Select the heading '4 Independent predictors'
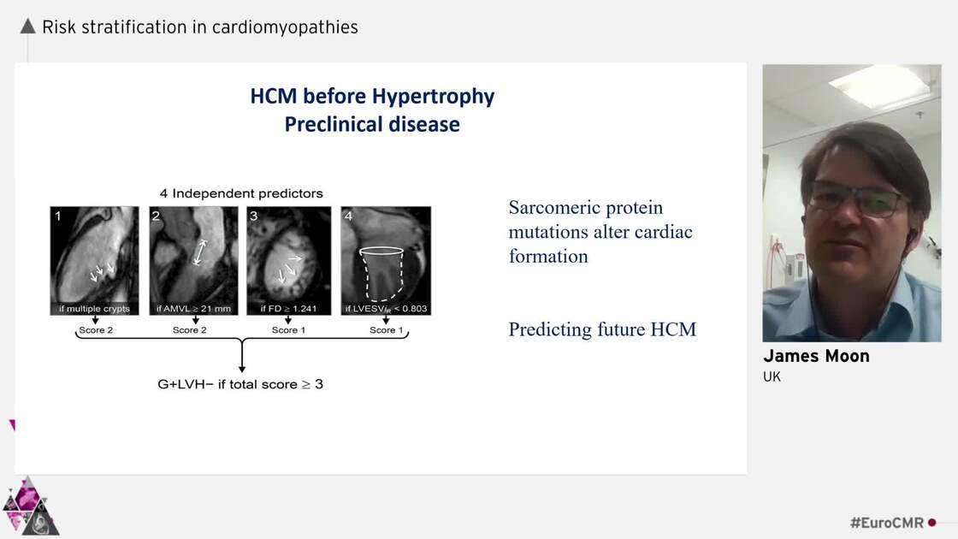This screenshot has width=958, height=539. [241, 193]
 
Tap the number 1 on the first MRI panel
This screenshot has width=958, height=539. [58, 216]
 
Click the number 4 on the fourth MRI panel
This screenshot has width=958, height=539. [348, 216]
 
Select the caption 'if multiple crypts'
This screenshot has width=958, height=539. [94, 308]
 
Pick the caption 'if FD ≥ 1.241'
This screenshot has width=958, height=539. [288, 308]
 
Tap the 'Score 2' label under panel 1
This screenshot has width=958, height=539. [95, 330]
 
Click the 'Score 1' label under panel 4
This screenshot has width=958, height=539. [386, 330]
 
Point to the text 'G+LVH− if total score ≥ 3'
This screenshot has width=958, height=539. [240, 384]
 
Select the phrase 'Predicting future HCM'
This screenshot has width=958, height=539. [602, 329]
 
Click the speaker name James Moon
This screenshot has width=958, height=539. [816, 356]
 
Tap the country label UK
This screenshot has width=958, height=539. [772, 376]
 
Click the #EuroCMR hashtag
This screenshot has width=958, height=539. [886, 523]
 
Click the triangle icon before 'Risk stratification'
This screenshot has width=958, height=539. [27, 27]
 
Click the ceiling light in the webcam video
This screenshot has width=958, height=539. [876, 86]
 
